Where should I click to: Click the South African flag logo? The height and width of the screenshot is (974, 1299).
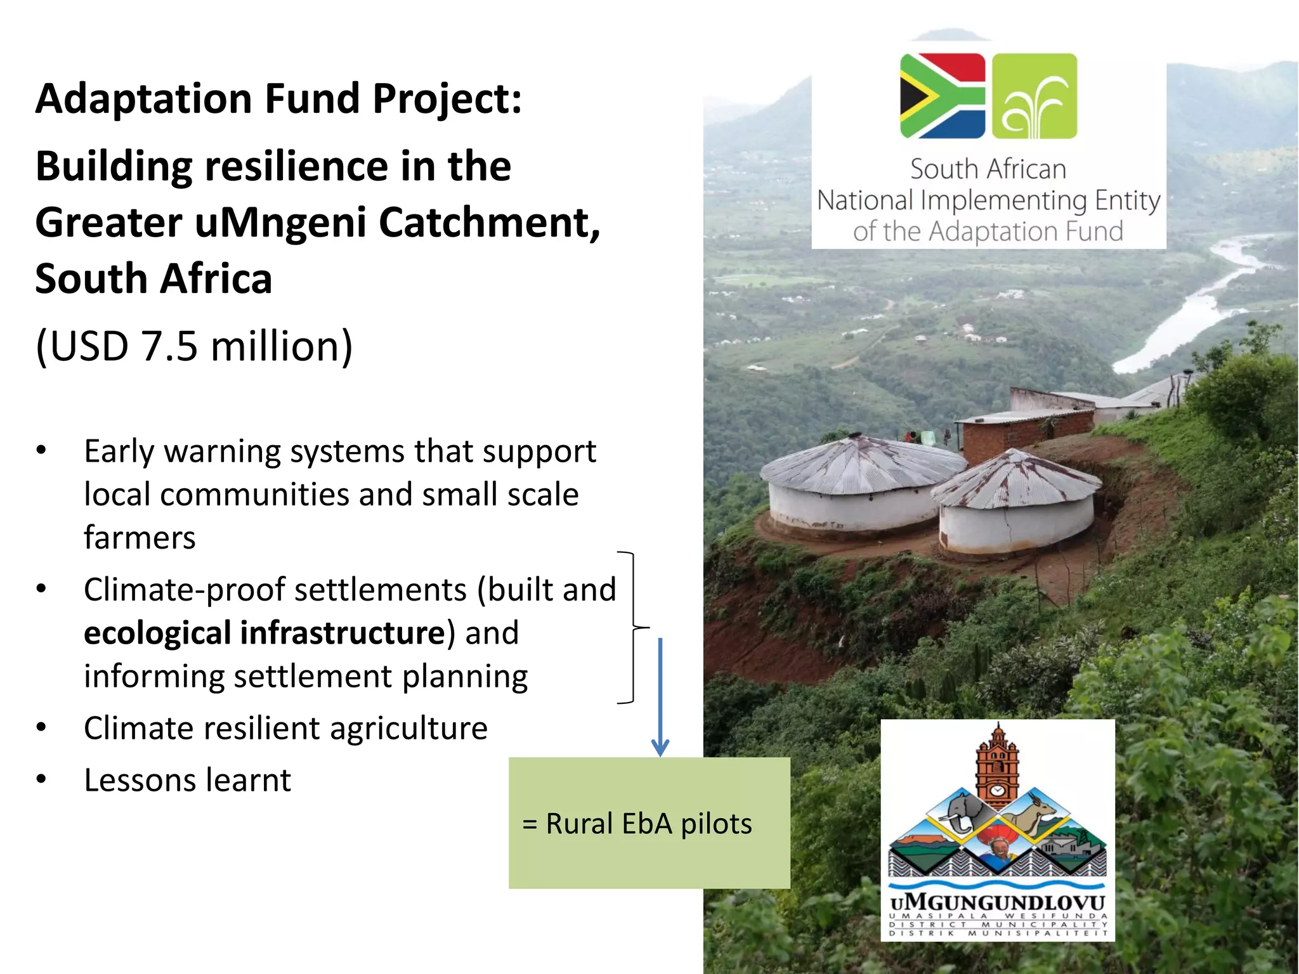click(942, 96)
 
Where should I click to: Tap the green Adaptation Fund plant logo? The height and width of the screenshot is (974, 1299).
click(1034, 96)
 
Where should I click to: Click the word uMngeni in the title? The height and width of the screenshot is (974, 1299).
click(280, 223)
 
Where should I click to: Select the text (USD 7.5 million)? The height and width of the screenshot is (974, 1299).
click(193, 346)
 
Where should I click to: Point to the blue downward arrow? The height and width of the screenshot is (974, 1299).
click(660, 698)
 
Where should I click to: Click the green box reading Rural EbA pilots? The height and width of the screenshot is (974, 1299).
click(649, 823)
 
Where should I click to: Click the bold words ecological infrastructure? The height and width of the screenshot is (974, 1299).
click(264, 633)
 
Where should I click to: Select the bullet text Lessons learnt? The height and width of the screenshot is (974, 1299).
click(187, 780)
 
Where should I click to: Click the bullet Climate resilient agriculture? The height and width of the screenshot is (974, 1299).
click(285, 728)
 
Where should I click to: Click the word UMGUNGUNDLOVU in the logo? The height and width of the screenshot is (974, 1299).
click(997, 902)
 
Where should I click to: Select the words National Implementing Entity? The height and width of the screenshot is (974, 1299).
click(988, 200)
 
